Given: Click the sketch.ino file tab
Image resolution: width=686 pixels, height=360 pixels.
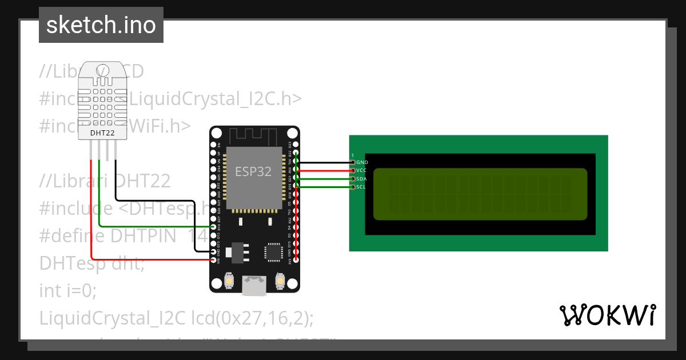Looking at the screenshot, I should pyautogui.click(x=101, y=25).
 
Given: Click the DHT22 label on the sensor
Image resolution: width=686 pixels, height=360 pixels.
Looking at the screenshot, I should pyautogui.click(x=103, y=133).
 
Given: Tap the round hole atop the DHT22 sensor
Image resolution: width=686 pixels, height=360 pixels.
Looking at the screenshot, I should pyautogui.click(x=103, y=70).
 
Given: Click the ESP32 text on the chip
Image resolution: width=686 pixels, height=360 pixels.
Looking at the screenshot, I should pyautogui.click(x=253, y=171).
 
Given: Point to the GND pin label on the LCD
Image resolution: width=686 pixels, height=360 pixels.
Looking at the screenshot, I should pyautogui.click(x=362, y=163).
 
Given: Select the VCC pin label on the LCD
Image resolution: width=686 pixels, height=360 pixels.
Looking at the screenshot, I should pyautogui.click(x=361, y=171).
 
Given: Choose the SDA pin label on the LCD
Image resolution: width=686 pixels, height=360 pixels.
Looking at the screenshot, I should pyautogui.click(x=361, y=179).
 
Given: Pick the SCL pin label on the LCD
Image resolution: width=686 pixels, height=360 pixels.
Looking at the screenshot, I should pyautogui.click(x=361, y=187).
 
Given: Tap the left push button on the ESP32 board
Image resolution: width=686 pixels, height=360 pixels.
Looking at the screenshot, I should pyautogui.click(x=229, y=281).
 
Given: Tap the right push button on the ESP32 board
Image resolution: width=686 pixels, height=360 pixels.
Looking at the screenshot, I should pyautogui.click(x=280, y=281).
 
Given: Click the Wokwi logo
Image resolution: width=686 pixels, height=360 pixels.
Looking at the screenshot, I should pyautogui.click(x=607, y=315).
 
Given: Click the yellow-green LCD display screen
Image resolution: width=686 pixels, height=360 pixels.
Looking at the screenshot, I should pyautogui.click(x=480, y=194).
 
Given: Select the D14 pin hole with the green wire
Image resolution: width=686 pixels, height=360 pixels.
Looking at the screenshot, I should pyautogui.click(x=213, y=227).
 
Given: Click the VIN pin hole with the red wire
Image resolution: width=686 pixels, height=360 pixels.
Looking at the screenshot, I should pyautogui.click(x=213, y=260).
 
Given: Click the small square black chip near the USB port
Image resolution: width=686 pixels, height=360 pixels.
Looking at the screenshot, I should pyautogui.click(x=273, y=252).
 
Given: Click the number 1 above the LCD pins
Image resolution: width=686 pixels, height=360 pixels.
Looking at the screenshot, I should pyautogui.click(x=353, y=155).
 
